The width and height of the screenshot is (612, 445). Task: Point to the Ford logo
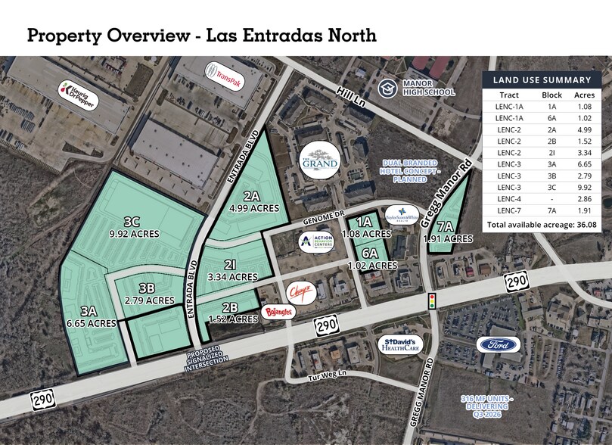499,344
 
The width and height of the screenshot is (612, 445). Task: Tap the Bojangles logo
275,310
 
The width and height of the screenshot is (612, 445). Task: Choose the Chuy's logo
300,289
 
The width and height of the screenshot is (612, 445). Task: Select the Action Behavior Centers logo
314,240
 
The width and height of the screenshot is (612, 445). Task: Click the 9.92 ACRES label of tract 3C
134,234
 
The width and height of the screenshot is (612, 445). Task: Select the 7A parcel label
445,226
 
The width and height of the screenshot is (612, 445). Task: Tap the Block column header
551,95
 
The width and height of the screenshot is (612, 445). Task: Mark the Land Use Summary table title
542,79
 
